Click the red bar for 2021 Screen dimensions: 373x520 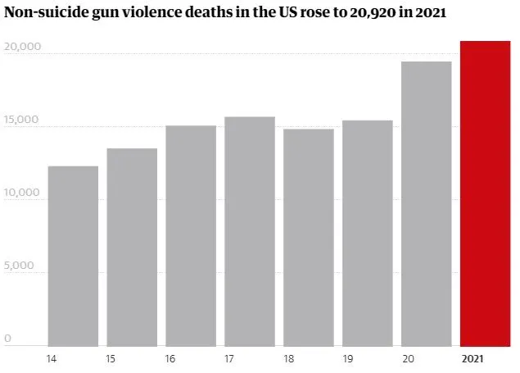pos(485,193)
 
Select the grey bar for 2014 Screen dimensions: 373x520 pos(73,256)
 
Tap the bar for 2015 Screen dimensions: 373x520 pos(132,247)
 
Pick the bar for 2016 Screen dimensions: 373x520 pos(191,235)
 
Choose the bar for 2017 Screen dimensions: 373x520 pos(250,231)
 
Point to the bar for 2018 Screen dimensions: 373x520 pos(308,237)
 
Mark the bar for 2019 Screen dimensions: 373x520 pos(367,233)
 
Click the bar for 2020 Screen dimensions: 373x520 pos(426,203)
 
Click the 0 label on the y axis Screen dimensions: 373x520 pos(7,338)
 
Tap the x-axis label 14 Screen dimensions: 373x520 pos(52,358)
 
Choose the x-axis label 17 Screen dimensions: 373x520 pos(229,358)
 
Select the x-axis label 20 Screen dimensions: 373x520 pos(407,358)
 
